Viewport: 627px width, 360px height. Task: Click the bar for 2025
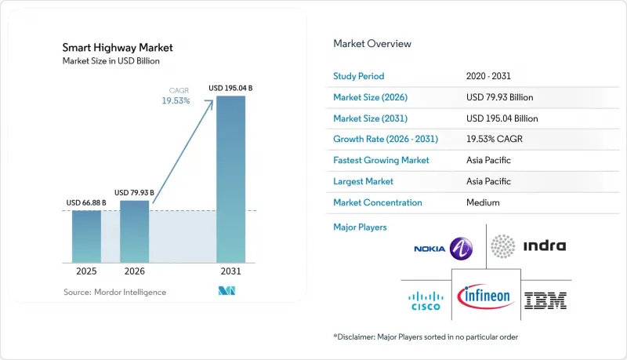[x=86, y=236]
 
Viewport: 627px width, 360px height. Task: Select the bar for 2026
[x=134, y=231]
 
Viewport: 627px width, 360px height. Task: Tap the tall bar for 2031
[x=230, y=179]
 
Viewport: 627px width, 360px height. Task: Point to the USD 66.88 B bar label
[x=86, y=203]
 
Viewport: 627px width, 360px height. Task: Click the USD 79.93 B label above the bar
[x=134, y=193]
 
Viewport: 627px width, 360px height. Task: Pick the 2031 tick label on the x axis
[x=230, y=271]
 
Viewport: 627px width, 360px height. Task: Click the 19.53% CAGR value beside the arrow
[x=176, y=101]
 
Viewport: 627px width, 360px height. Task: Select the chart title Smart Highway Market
[x=118, y=48]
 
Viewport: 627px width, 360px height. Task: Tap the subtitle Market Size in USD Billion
[x=111, y=61]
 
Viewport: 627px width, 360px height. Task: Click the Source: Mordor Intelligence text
[x=114, y=292]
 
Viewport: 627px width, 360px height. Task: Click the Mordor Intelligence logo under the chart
[x=227, y=291]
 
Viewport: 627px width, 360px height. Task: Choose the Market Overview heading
[x=372, y=44]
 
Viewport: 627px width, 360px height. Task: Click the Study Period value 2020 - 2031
[x=488, y=76]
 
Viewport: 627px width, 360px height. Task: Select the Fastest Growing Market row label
[x=381, y=160]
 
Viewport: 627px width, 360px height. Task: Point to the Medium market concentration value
[x=483, y=202]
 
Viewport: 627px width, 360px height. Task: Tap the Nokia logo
[x=443, y=249]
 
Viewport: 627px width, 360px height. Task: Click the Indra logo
[x=528, y=246]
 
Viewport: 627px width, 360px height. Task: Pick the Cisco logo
[x=426, y=301]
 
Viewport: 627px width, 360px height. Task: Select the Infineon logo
[x=485, y=296]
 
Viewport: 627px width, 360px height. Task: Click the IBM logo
[x=545, y=300]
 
